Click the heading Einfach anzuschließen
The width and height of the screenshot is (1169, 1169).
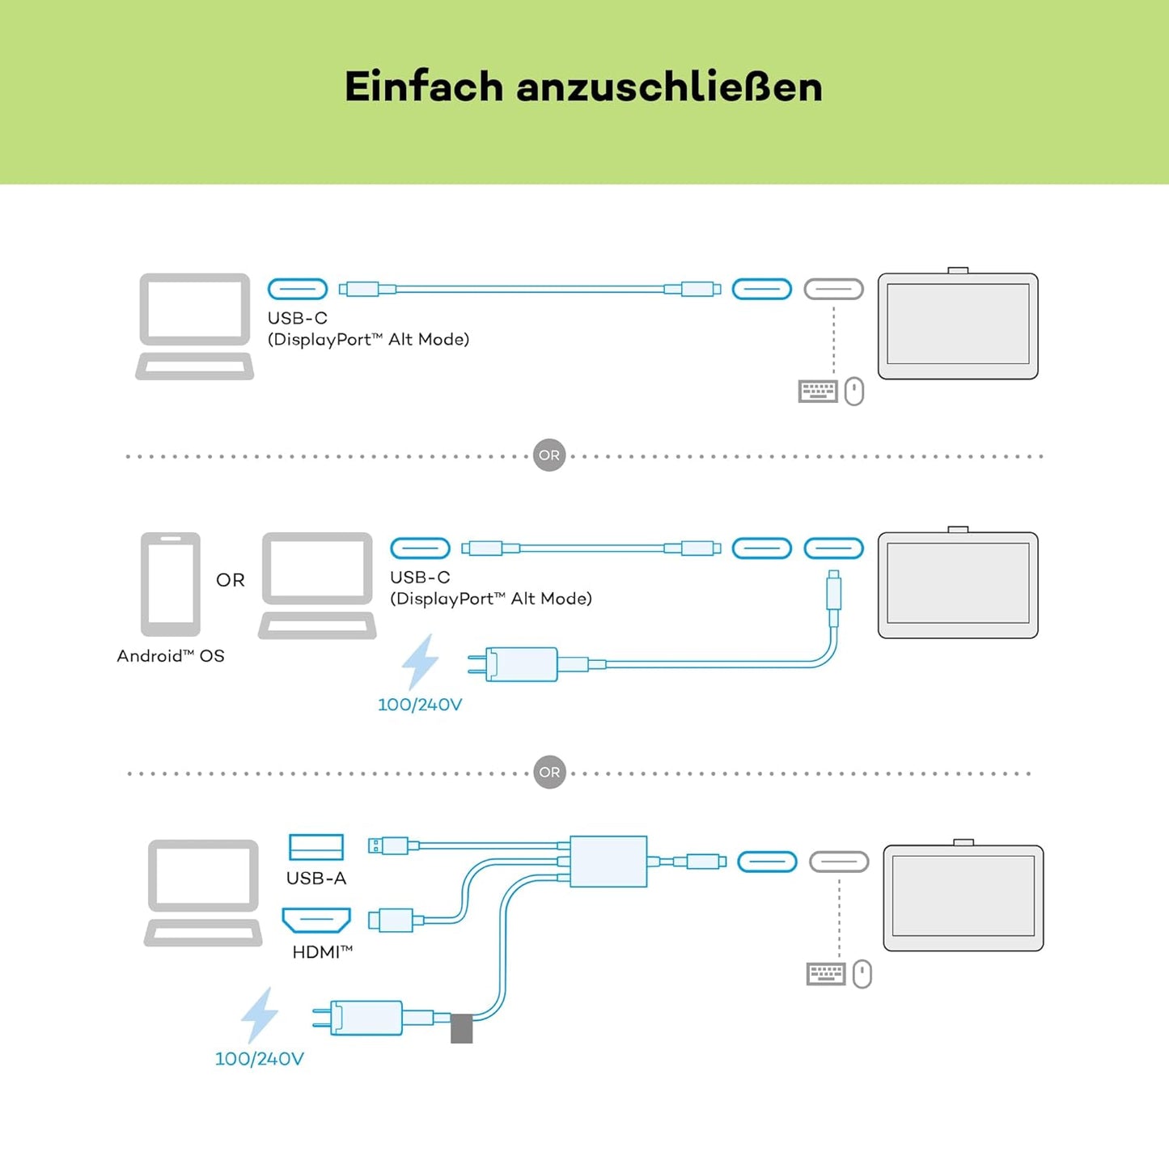583,87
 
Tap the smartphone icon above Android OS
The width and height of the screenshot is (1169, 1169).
171,583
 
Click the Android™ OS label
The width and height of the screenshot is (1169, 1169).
171,656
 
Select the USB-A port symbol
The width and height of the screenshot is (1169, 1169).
316,847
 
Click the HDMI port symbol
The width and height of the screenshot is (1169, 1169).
316,920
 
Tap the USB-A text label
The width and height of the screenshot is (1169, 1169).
316,879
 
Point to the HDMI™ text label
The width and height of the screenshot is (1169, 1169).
322,952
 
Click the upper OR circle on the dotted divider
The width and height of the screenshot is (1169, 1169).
549,455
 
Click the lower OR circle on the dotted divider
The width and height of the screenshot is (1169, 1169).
549,772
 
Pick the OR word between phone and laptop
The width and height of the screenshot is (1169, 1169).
231,580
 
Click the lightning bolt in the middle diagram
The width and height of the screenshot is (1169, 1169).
421,661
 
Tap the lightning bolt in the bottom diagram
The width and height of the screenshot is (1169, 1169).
260,1014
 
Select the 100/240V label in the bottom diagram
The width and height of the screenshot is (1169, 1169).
260,1059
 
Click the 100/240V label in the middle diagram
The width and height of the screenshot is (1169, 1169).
420,705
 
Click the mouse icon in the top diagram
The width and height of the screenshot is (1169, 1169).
854,392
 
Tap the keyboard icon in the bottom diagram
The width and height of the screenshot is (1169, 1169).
826,974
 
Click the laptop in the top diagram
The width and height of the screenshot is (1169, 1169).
195,326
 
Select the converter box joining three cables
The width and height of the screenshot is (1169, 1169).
608,862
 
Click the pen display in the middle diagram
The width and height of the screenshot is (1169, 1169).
958,585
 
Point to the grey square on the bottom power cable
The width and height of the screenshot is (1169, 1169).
461,1028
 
